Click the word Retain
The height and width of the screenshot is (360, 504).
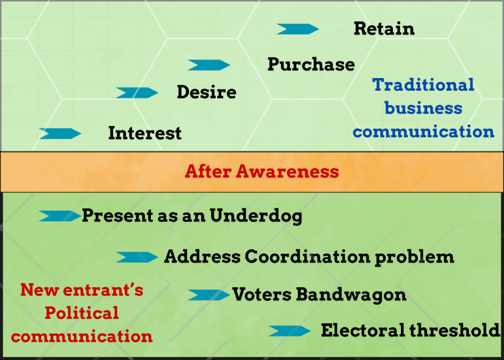[x=384, y=29]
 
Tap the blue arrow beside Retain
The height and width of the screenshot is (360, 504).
[x=298, y=29]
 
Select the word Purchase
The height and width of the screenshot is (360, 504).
[x=311, y=64]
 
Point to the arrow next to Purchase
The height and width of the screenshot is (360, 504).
[x=209, y=65]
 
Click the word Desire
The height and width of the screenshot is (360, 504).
[x=207, y=92]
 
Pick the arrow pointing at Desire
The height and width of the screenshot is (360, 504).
[x=137, y=93]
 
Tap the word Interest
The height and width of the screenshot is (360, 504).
[x=145, y=133]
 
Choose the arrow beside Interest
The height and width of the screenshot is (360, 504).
[x=60, y=134]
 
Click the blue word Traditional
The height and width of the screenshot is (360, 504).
[x=423, y=85]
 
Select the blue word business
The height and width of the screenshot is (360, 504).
[x=423, y=108]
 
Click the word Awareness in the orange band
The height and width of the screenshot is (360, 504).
[x=287, y=171]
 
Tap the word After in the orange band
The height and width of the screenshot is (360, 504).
[x=208, y=171]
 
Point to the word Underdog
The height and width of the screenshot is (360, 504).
[x=256, y=215]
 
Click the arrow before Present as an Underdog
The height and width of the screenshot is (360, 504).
[x=60, y=216]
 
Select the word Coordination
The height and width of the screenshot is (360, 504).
[x=307, y=257]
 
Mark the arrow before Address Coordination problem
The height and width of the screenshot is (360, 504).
[x=137, y=257]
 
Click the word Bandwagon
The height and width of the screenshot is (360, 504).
[x=351, y=295]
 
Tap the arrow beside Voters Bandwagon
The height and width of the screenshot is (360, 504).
[x=209, y=295]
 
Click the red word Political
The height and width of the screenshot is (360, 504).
[x=82, y=313]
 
